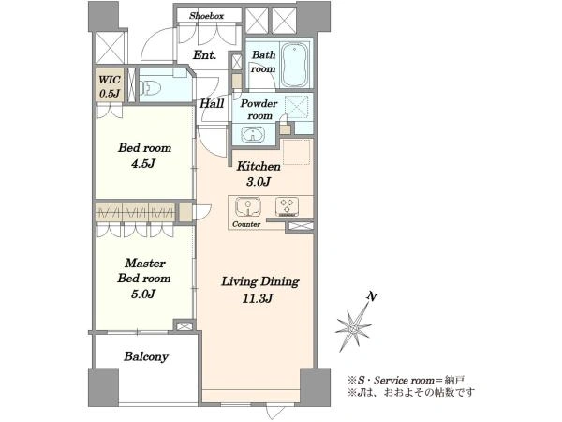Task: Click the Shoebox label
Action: point(207,16)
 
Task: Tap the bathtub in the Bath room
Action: point(295,65)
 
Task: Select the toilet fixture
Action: point(150,87)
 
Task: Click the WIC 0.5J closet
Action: point(110,86)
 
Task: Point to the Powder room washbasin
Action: point(253,135)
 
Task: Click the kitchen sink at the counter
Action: point(248,207)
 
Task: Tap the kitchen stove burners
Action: point(287,206)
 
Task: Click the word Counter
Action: point(246,224)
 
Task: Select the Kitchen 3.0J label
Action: point(259,174)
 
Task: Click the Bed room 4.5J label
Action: point(144,156)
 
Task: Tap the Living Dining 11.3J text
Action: point(259,290)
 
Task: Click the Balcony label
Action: point(146,356)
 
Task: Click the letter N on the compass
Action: point(372,296)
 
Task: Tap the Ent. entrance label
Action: point(204,55)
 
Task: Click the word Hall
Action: point(212,104)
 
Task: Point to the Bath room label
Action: point(263,62)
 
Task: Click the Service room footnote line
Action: point(407,379)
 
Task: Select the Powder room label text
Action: point(259,110)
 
